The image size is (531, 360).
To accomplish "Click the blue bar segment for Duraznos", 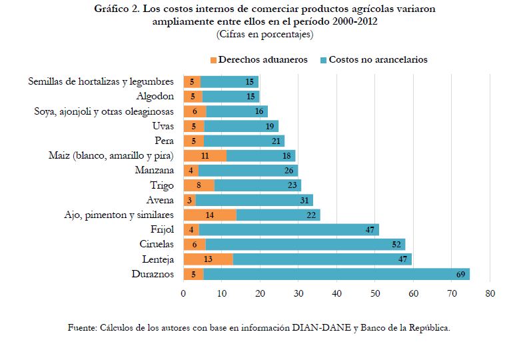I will pos(336,274).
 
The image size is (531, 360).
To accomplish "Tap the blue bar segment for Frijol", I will pos(288,229).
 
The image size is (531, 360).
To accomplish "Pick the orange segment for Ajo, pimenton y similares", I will pos(210,215).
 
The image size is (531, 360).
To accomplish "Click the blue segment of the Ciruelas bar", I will pos(305,245).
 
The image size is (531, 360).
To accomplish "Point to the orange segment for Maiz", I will pos(205,155).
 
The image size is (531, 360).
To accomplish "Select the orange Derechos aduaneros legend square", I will pos(213,59).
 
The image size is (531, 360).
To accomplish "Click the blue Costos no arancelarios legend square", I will pos(323,59).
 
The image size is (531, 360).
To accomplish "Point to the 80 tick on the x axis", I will pos(490,293).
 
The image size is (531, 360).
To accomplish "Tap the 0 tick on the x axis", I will pos(183,293).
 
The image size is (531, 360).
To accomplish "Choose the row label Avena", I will pos(160,200).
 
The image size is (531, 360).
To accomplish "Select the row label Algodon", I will pos(155,96).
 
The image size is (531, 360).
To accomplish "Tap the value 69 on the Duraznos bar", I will pos(459,274).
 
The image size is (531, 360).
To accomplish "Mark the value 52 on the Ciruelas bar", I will pos(397,245).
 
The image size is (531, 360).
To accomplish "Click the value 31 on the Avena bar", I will pos(305,200).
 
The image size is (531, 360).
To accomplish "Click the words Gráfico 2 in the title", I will pos(117,10).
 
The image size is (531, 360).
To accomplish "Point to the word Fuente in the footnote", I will pos(82,327).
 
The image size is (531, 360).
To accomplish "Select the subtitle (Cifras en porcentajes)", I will pos(265,33).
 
